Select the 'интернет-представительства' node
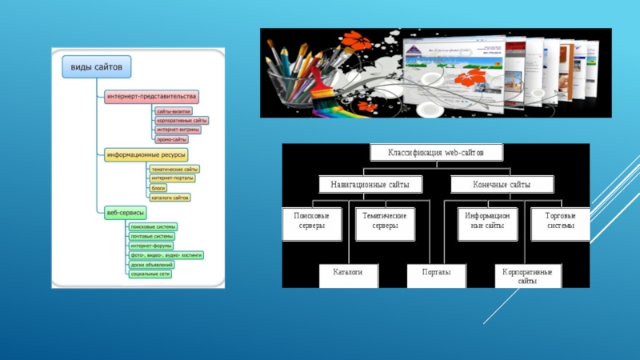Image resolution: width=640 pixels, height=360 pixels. click(x=151, y=96)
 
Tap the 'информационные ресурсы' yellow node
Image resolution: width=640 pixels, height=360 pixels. click(x=146, y=154)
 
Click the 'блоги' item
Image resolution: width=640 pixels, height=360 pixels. click(x=158, y=187)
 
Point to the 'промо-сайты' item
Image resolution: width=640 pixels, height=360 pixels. click(x=171, y=138)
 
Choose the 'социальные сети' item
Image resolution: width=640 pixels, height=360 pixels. click(x=150, y=274)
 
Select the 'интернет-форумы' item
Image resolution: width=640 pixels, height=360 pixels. click(x=152, y=246)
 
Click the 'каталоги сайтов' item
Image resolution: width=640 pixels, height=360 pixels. click(x=170, y=197)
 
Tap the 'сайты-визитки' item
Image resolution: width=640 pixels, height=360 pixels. click(x=174, y=112)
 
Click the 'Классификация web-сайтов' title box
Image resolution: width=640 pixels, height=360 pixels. click(x=435, y=152)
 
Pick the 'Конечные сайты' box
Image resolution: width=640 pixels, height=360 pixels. click(x=502, y=185)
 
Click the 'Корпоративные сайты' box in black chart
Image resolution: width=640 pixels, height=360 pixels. click(x=527, y=277)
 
